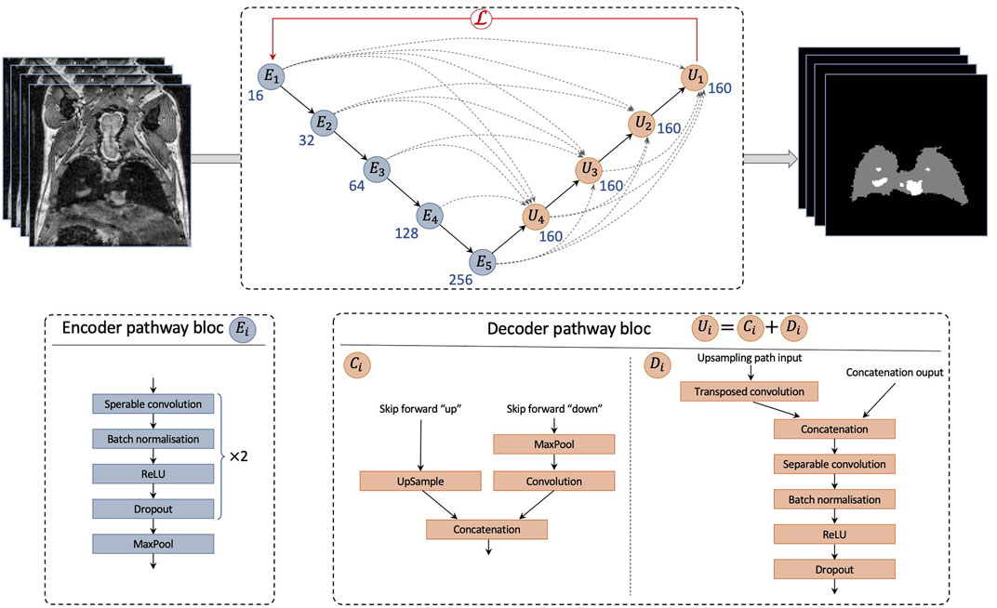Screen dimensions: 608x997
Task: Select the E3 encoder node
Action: pos(375,169)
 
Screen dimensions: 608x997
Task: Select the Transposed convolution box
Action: pos(749,391)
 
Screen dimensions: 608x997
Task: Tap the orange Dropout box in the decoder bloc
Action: pos(834,568)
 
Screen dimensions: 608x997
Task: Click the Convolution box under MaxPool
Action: pos(552,481)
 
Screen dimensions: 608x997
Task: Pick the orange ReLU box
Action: pos(834,534)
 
